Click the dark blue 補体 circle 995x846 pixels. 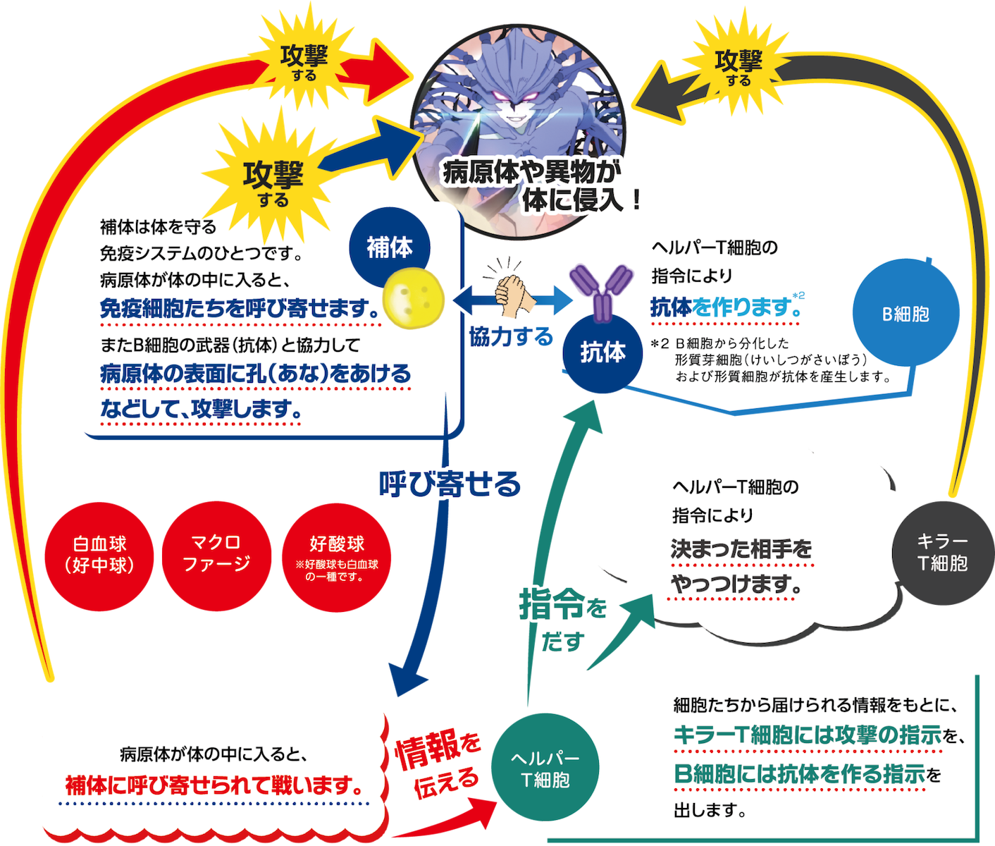tap(390, 247)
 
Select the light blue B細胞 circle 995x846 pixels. tap(906, 313)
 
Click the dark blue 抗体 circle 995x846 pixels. tap(603, 352)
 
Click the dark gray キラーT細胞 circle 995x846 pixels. tap(942, 552)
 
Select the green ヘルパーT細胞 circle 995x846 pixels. tap(545, 769)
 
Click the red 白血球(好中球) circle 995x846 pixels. tap(99, 555)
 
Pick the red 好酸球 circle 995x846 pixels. tap(337, 555)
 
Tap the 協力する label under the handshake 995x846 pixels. tap(511, 337)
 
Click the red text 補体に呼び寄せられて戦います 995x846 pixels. tap(214, 785)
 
